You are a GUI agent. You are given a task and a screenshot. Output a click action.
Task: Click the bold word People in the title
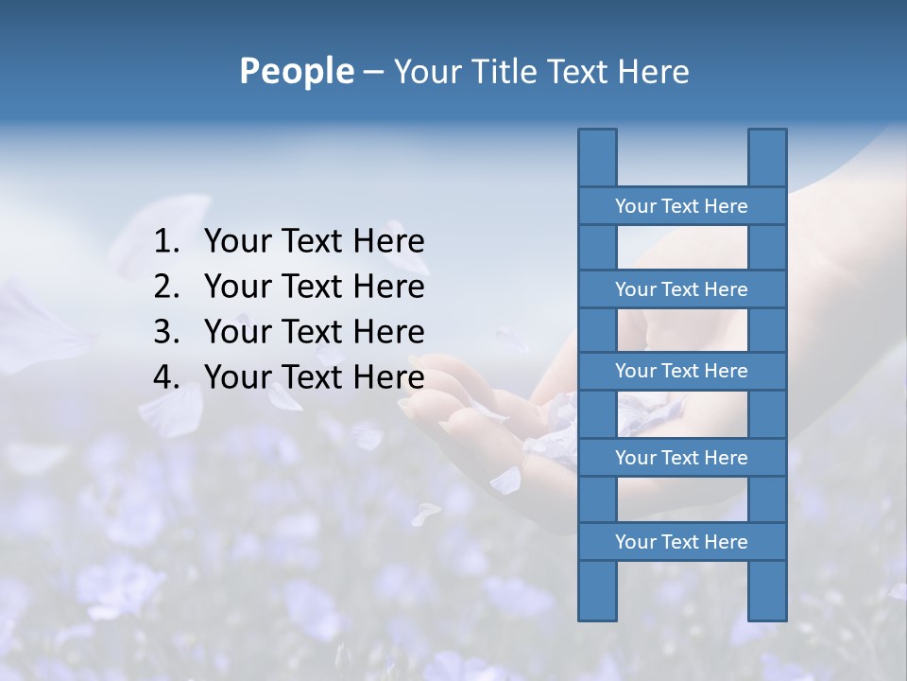[296, 71]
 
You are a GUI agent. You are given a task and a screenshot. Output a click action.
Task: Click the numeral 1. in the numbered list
[166, 241]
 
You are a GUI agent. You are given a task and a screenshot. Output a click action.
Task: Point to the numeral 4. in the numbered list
[166, 377]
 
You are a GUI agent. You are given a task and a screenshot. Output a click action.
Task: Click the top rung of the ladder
[681, 206]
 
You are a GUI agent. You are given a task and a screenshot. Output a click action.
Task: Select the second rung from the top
[681, 289]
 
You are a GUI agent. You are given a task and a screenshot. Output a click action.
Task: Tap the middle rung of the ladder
[681, 371]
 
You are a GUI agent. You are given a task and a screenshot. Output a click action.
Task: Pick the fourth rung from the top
[681, 458]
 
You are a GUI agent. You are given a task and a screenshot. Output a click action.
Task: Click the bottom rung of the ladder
[681, 542]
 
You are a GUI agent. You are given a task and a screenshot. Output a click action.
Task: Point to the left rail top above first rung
[597, 157]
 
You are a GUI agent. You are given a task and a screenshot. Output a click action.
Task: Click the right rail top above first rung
[767, 157]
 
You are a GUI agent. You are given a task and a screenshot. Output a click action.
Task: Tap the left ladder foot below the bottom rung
[597, 591]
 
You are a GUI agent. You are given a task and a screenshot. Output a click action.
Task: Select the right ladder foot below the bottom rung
[767, 591]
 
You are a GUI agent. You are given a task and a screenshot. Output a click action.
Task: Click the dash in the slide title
[372, 72]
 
